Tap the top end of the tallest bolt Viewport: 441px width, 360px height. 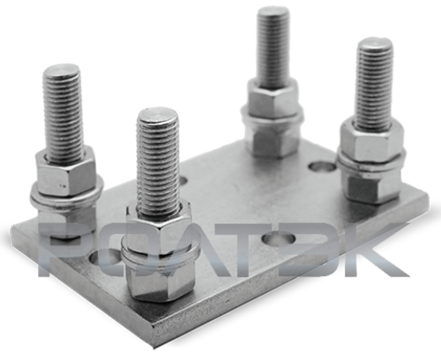pyautogui.click(x=273, y=11)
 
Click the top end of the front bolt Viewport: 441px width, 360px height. pyautogui.click(x=158, y=114)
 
